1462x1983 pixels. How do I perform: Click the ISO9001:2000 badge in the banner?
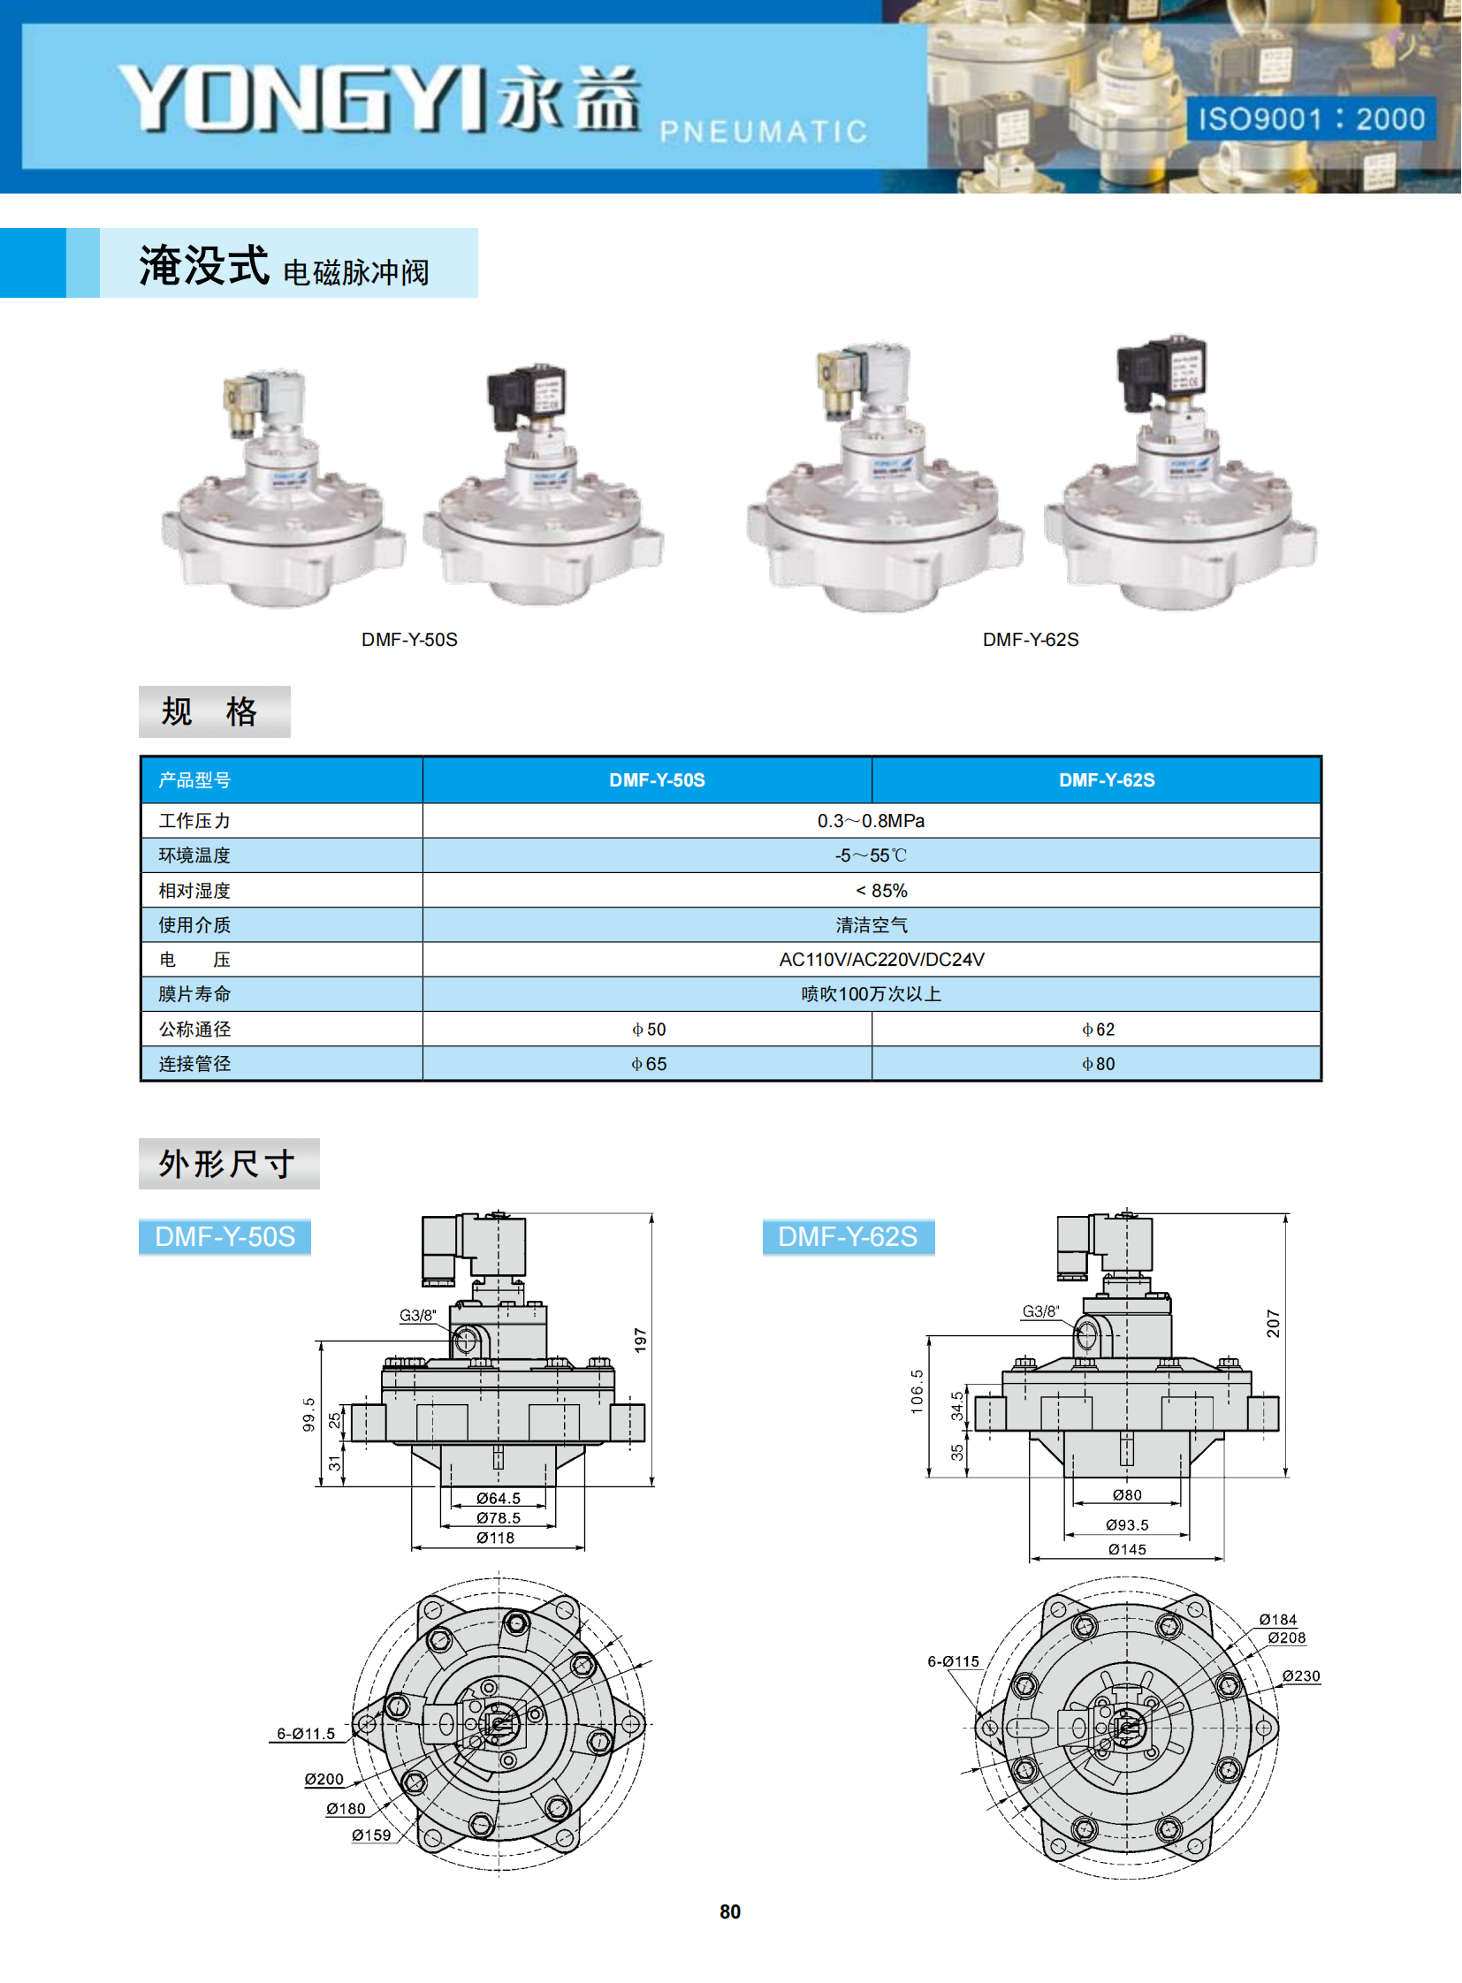[1311, 118]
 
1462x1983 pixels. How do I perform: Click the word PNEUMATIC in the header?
[764, 132]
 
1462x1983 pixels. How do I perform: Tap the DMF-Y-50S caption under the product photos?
[409, 640]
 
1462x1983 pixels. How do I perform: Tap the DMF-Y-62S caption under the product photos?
[1030, 640]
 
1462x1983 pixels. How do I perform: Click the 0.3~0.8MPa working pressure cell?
[871, 821]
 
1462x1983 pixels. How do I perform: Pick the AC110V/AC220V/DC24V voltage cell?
[881, 960]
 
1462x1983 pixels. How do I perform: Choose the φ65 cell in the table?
[649, 1065]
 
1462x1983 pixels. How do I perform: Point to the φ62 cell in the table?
[1098, 1030]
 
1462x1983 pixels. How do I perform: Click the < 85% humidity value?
[881, 891]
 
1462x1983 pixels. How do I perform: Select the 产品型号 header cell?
[194, 780]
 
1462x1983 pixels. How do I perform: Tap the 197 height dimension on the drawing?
[641, 1340]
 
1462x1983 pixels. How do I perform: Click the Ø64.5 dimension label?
[499, 1498]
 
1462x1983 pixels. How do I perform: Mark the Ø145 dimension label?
[1127, 1549]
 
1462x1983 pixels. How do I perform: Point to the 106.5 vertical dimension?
[917, 1392]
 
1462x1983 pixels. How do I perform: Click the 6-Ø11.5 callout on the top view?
[305, 1734]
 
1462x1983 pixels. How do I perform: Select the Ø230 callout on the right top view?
[1301, 1676]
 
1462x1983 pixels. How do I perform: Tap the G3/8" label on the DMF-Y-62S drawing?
[1040, 1311]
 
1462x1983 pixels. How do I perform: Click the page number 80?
[730, 1911]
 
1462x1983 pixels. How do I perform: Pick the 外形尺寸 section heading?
[227, 1164]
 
